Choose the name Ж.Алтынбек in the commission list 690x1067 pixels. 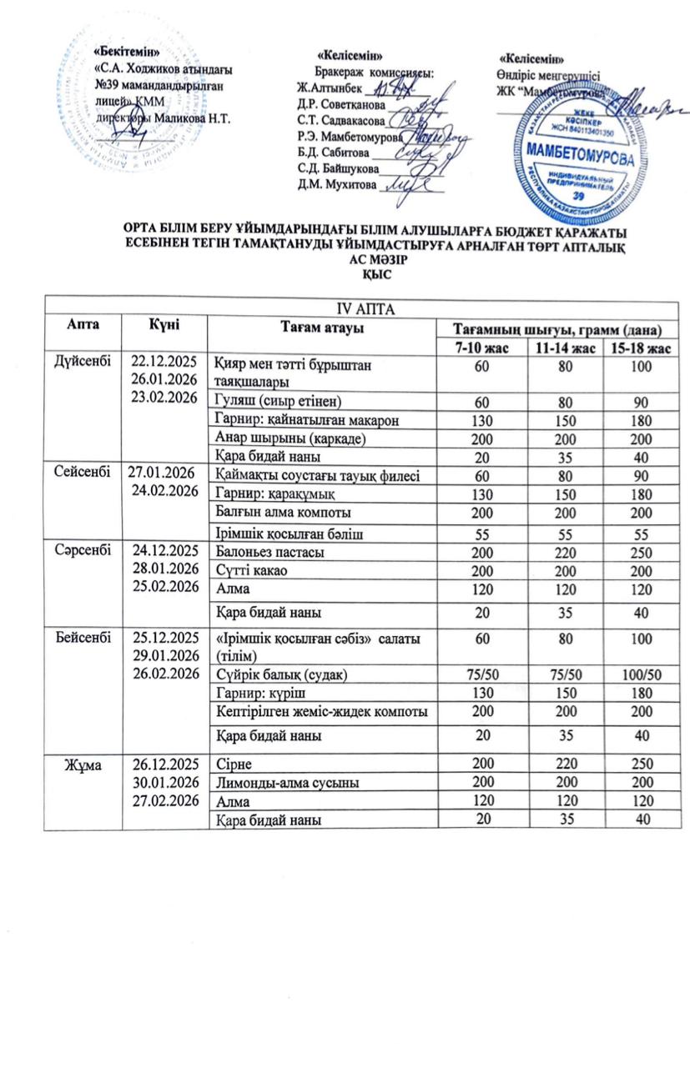coord(330,88)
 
